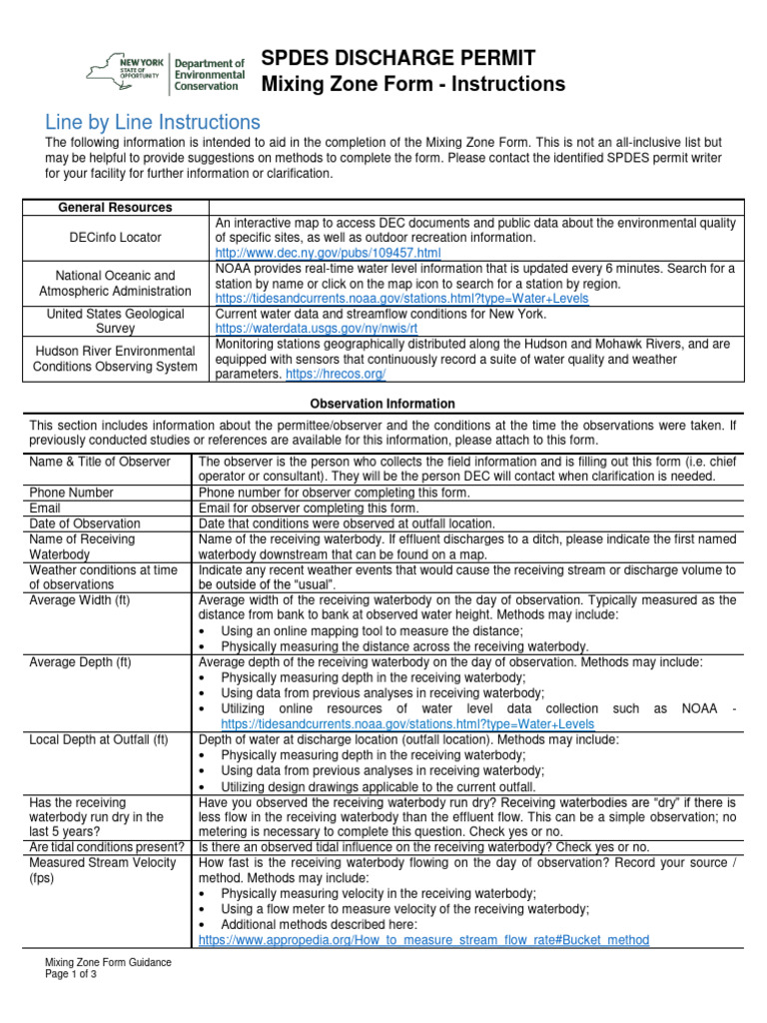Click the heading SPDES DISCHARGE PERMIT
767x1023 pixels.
pyautogui.click(x=397, y=58)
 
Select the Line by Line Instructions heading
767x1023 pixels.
pyautogui.click(x=153, y=122)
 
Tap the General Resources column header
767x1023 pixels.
pyautogui.click(x=115, y=207)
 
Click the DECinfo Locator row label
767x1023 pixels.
pyautogui.click(x=115, y=238)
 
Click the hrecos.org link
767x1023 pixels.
pyautogui.click(x=336, y=374)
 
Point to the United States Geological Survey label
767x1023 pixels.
pyautogui.click(x=115, y=321)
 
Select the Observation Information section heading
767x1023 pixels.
pyautogui.click(x=383, y=404)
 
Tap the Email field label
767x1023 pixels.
pyautogui.click(x=47, y=508)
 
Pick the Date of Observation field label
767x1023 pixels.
pyautogui.click(x=87, y=523)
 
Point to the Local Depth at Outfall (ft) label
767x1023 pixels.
pyautogui.click(x=99, y=739)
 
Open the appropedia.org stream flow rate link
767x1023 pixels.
pyautogui.click(x=423, y=940)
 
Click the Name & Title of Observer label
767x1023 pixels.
pyautogui.click(x=100, y=462)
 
